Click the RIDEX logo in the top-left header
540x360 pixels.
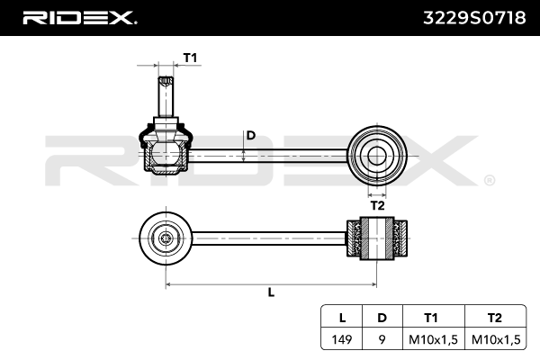pos(79,18)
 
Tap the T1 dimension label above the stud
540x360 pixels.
pos(190,58)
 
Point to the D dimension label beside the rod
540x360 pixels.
pos(251,136)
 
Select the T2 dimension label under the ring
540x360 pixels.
pos(378,204)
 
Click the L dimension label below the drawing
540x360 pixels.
pos(271,292)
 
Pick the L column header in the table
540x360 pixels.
pos(341,318)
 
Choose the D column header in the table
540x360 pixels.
pos(382,318)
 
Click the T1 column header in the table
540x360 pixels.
pos(431,318)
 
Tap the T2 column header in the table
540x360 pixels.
pos(493,318)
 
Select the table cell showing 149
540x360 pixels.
pos(341,339)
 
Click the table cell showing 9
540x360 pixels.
pos(382,339)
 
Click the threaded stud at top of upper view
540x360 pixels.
pos(166,94)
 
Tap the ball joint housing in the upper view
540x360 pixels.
pos(165,150)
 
